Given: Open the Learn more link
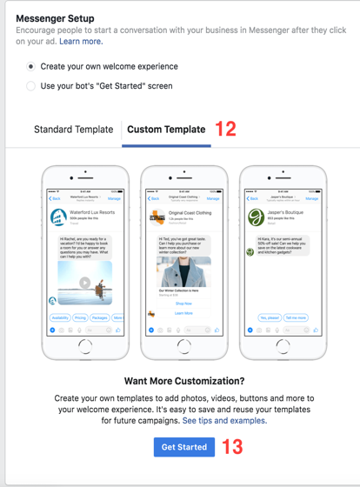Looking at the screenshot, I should tap(81, 41).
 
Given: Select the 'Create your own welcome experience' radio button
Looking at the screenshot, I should tap(31, 66).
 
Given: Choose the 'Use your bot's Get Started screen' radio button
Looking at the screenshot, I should tap(31, 86).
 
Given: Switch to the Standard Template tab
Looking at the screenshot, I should tap(73, 130).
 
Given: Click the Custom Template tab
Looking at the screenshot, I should tap(166, 130).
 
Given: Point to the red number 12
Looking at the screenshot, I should tap(225, 130).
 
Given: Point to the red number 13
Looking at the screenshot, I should tap(232, 447).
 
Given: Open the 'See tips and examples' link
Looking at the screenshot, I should tap(224, 421).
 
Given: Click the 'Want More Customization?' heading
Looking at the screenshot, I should tap(183, 381).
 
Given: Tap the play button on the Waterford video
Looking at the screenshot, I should tap(84, 283).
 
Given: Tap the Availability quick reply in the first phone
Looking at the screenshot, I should tap(60, 318).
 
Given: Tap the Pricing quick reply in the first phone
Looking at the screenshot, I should tap(81, 318).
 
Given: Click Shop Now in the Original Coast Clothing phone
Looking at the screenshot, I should tap(183, 304).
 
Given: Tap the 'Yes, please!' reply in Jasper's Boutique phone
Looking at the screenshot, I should tap(270, 318).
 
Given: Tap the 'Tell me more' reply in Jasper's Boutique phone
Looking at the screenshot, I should tap(296, 318).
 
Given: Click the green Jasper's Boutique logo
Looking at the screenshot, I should tap(256, 217).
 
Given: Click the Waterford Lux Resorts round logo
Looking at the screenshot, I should tap(59, 217).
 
